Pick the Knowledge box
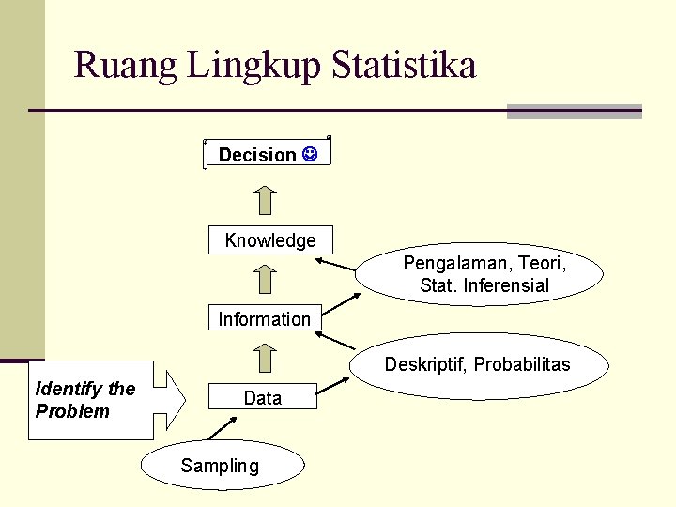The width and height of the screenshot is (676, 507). tap(270, 240)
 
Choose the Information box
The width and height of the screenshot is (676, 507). tap(264, 319)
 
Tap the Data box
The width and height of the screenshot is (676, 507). tap(262, 398)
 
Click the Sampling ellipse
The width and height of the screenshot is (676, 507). tap(223, 466)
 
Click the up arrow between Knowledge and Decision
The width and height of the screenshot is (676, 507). tap(267, 200)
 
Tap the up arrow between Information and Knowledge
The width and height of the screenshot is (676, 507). tap(267, 279)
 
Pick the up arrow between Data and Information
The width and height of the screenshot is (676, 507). tap(267, 358)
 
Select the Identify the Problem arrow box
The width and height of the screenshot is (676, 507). tap(103, 400)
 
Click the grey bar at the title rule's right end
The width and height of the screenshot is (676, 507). tap(574, 112)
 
